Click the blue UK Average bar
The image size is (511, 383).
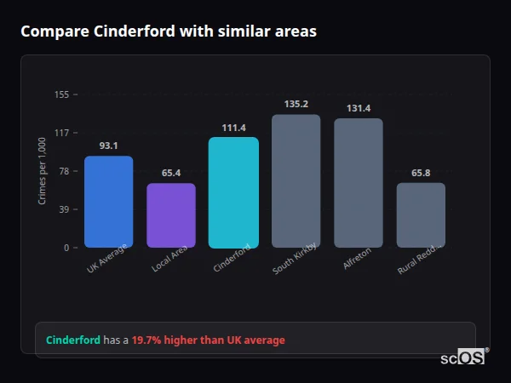pyautogui.click(x=108, y=202)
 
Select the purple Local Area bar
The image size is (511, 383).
pyautogui.click(x=171, y=215)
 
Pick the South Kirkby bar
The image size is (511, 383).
pyautogui.click(x=296, y=181)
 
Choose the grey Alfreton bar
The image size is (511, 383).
pyautogui.click(x=359, y=183)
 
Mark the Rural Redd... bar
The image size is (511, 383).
pyautogui.click(x=421, y=215)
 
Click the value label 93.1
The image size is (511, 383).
pyautogui.click(x=108, y=146)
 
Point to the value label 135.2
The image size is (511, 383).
pyautogui.click(x=296, y=105)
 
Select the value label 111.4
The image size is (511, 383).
pyautogui.click(x=233, y=128)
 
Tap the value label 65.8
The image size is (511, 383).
pyautogui.click(x=421, y=173)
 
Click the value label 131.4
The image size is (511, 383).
pyautogui.click(x=359, y=108)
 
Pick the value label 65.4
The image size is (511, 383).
pyautogui.click(x=171, y=173)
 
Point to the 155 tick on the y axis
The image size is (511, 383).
pyautogui.click(x=61, y=94)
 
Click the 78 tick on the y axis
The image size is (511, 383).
pyautogui.click(x=64, y=171)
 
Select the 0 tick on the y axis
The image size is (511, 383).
pyautogui.click(x=66, y=248)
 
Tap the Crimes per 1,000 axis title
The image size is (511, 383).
pyautogui.click(x=43, y=171)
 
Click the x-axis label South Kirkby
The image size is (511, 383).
pyautogui.click(x=296, y=258)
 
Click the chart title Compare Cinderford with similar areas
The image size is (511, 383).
pyautogui.click(x=169, y=31)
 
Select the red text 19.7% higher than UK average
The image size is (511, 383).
pyautogui.click(x=208, y=340)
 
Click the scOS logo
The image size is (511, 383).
pyautogui.click(x=462, y=357)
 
